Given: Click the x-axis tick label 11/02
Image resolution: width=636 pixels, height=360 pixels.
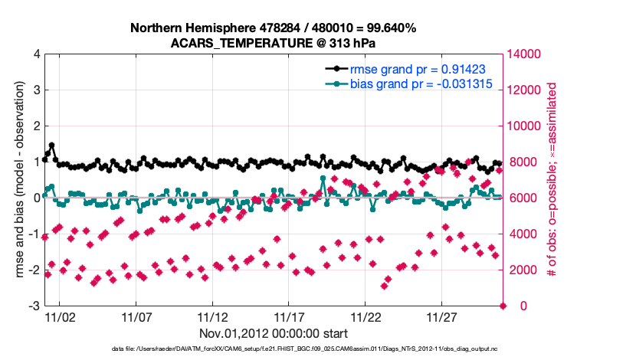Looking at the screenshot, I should click(61, 317).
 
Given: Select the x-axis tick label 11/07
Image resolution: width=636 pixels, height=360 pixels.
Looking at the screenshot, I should click(137, 317).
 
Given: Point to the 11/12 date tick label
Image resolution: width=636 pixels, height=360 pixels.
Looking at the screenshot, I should click(213, 317).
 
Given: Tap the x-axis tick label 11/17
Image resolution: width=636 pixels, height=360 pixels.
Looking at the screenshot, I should click(290, 317).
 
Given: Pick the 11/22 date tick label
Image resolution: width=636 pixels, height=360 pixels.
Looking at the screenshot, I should click(366, 317).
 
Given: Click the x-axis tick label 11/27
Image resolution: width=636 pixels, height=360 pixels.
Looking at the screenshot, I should click(442, 317).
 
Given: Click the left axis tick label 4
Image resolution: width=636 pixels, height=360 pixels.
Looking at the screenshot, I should click(37, 54).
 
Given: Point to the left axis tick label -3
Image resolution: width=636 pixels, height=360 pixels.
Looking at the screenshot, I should click(34, 306).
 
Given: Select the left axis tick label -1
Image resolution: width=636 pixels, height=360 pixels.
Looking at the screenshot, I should click(34, 234).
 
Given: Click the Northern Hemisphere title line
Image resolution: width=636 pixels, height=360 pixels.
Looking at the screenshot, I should click(274, 28).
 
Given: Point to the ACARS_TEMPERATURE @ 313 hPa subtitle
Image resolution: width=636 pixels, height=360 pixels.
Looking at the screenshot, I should click(274, 43).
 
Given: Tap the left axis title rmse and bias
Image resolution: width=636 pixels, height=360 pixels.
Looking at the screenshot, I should click(18, 180).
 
